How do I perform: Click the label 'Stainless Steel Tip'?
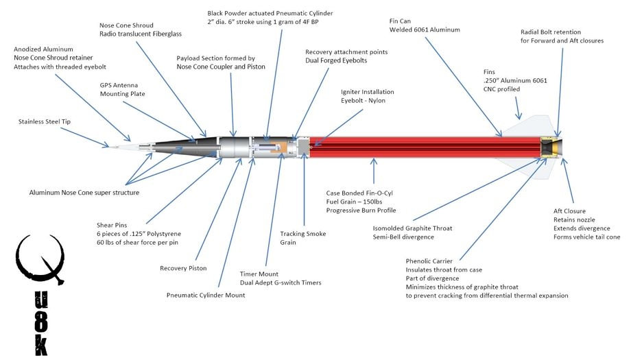pyautogui.click(x=45, y=122)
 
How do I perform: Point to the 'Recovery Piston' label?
pyautogui.click(x=183, y=268)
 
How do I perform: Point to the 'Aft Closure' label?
pyautogui.click(x=571, y=211)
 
